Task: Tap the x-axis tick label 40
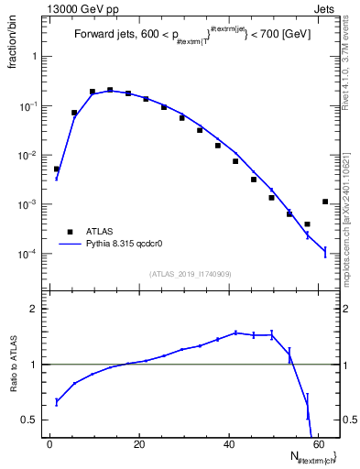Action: [x=228, y=444]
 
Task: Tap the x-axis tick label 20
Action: [x=138, y=444]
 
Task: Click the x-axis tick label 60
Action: [x=317, y=444]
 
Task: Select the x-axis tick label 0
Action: [x=49, y=444]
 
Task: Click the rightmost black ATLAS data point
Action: [x=325, y=202]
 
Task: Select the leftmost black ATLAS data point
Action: [x=57, y=169]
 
